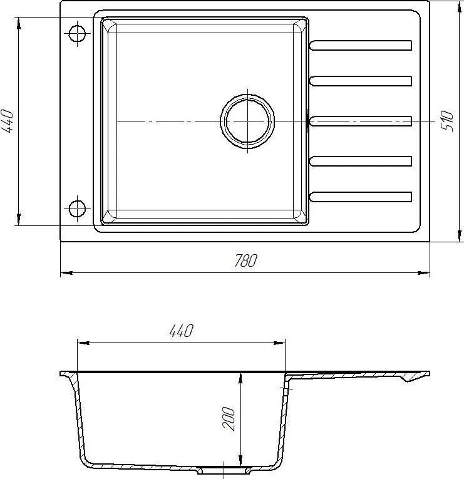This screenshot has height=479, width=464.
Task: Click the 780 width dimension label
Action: click(x=245, y=260)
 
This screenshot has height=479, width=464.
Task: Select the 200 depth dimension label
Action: click(x=229, y=418)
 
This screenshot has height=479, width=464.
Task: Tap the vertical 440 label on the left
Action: click(x=8, y=121)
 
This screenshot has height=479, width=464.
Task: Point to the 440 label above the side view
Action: click(x=182, y=331)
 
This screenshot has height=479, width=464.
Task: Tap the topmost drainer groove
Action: click(x=361, y=45)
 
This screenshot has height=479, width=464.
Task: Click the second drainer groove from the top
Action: click(x=361, y=81)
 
